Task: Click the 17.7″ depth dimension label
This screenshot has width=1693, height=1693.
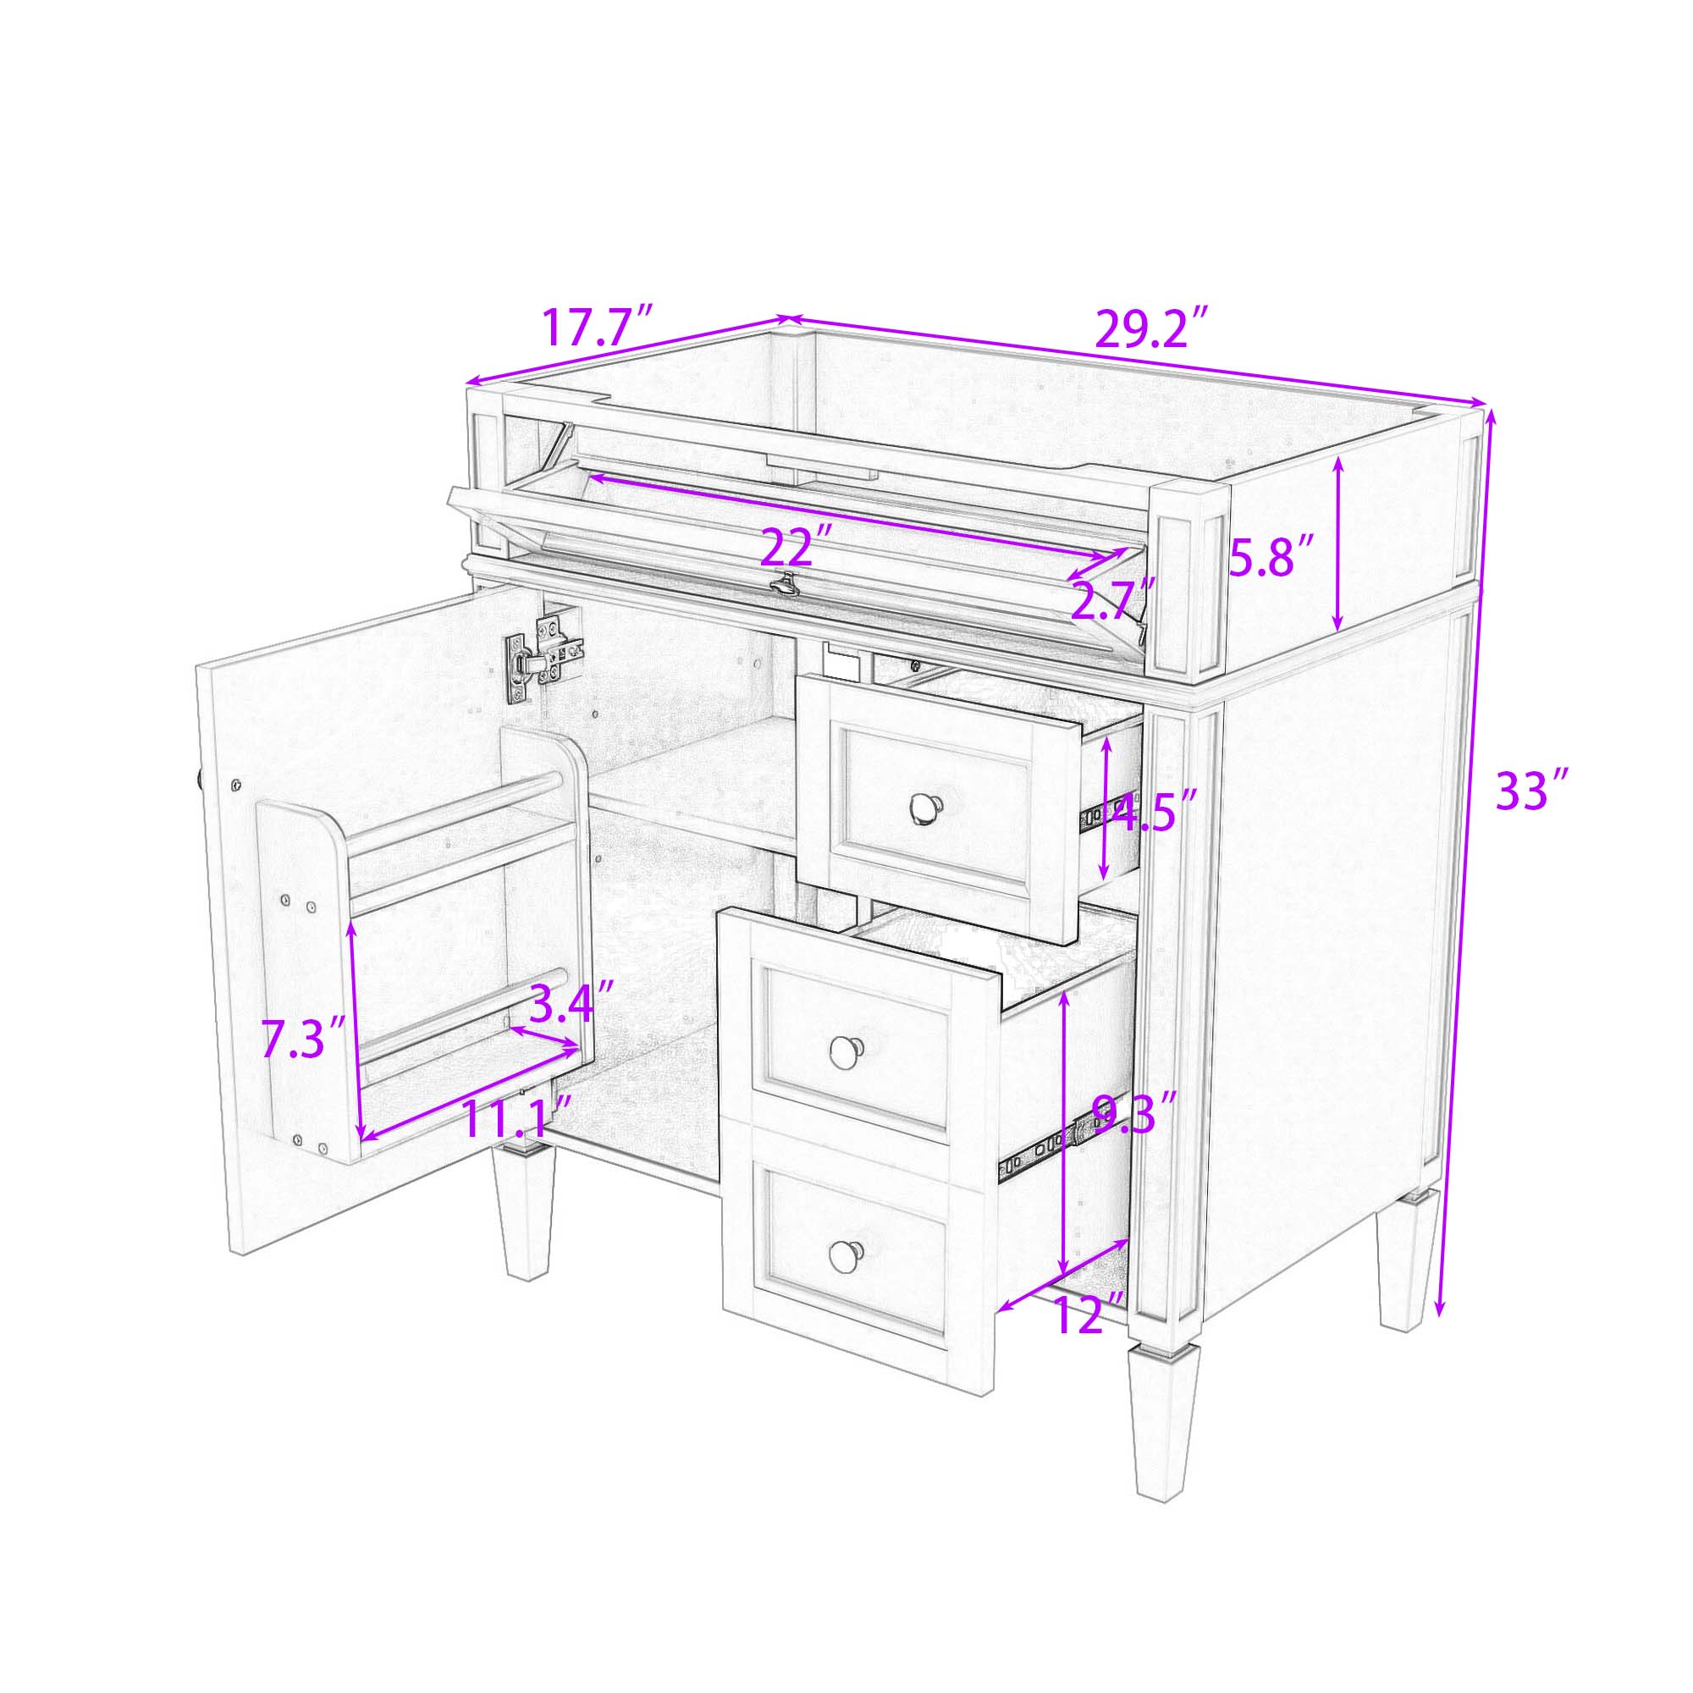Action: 598,326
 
